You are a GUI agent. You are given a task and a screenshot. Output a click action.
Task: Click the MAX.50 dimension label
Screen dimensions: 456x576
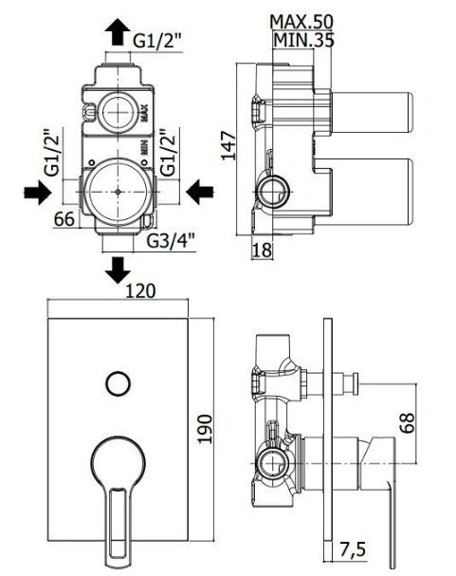tap(301, 22)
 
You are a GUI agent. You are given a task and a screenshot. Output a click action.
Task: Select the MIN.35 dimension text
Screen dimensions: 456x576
tap(303, 40)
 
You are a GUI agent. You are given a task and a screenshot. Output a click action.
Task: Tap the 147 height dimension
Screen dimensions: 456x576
tap(228, 145)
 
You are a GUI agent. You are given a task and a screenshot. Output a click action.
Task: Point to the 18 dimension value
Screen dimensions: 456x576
tap(263, 251)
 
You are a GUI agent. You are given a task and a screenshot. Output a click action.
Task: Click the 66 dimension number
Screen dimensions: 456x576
tap(64, 219)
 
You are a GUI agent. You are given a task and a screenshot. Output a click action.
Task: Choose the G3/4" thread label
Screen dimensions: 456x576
tap(171, 241)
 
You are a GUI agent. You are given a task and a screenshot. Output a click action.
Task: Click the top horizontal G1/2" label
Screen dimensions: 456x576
tap(157, 41)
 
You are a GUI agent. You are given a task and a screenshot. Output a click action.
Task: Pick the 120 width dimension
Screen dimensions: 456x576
tap(141, 291)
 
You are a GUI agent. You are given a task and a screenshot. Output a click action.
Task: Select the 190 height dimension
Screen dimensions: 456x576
tap(205, 429)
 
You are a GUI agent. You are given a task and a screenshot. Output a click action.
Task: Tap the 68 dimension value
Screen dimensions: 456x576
tap(407, 423)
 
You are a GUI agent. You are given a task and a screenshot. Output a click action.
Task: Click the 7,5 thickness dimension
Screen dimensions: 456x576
tap(352, 550)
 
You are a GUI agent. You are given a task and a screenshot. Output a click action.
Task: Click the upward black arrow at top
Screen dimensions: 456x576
tap(118, 32)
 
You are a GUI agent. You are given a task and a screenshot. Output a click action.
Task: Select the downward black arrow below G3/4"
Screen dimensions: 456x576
tap(118, 270)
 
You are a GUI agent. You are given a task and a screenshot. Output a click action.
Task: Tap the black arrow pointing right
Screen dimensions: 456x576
tap(37, 192)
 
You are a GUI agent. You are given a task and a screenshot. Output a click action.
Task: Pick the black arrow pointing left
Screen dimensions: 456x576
tap(200, 192)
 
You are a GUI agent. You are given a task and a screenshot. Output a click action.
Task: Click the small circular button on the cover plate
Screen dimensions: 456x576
tap(118, 383)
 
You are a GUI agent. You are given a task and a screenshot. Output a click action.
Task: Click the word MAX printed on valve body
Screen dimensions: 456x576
tap(144, 113)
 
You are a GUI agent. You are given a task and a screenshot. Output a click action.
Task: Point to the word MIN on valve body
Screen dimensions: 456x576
tap(144, 147)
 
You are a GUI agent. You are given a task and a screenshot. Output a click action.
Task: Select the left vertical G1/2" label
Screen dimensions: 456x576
tap(52, 153)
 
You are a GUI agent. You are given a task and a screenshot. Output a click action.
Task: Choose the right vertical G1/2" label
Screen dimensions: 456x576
tap(169, 153)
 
